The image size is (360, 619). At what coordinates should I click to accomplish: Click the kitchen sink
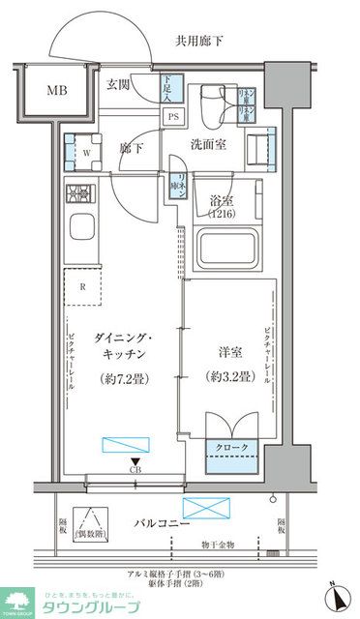click(x=80, y=233)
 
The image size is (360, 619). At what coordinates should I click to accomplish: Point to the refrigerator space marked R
click(x=83, y=286)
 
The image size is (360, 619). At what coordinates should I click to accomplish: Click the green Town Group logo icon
click(x=15, y=601)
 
